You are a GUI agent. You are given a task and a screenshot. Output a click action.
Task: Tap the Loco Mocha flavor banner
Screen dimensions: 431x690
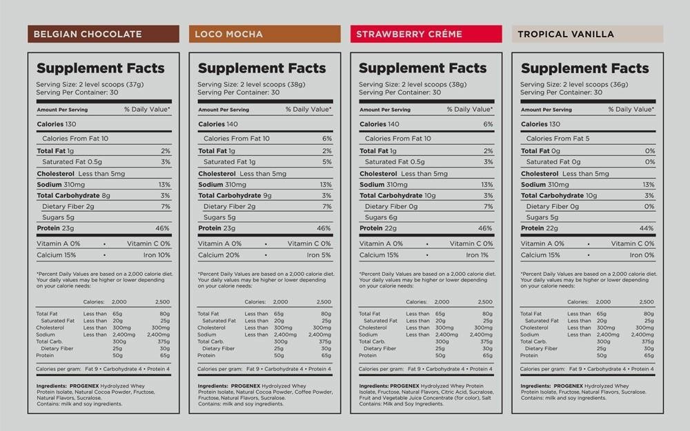[x=264, y=34]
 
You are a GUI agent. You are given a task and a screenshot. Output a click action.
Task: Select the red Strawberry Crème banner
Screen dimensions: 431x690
[x=426, y=34]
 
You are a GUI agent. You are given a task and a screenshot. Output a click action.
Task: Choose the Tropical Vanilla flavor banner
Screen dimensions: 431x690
[x=587, y=34]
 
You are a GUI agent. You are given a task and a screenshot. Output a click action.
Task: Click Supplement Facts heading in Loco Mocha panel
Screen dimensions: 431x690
[x=262, y=68]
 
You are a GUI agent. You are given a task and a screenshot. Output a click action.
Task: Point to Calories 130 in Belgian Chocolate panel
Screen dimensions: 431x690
[x=57, y=124]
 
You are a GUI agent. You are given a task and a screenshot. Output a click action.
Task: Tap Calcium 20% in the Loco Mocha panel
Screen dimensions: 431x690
[x=217, y=255]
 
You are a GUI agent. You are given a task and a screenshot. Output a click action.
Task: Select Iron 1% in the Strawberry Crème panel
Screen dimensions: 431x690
[x=477, y=255]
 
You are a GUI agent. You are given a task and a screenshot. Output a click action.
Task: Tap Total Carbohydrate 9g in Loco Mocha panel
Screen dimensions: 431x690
[x=235, y=196]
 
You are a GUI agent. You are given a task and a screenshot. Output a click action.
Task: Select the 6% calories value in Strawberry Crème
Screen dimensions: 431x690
[x=488, y=124]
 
